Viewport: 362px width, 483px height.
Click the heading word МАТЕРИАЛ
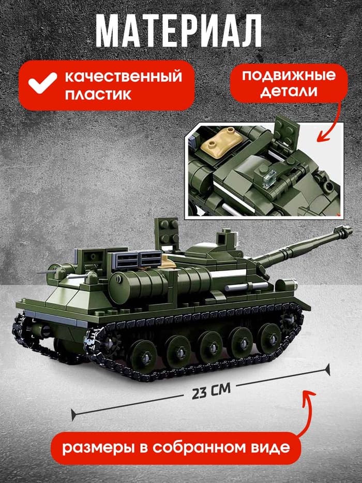(178, 33)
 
